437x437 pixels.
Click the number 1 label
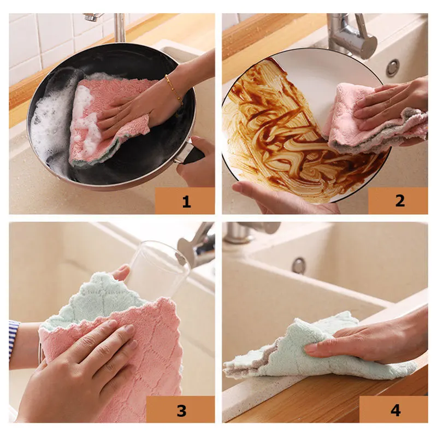tap(186, 202)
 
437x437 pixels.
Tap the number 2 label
tap(399, 201)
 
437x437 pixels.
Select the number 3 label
tap(181, 410)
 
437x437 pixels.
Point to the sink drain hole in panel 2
tap(392, 68)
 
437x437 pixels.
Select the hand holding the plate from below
tap(273, 197)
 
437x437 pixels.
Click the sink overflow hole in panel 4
tap(298, 265)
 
